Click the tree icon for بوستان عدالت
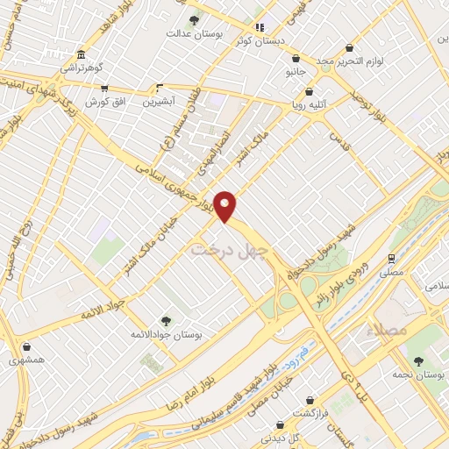pyautogui.click(x=194, y=19)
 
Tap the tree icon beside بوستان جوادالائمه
pyautogui.click(x=167, y=321)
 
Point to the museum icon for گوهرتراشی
pyautogui.click(x=81, y=53)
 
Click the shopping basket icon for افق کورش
pyautogui.click(x=104, y=89)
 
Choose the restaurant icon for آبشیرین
pyautogui.click(x=160, y=87)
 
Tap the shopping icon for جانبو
pyautogui.click(x=293, y=59)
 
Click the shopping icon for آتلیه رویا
pyautogui.click(x=309, y=91)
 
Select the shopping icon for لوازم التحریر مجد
pyautogui.click(x=350, y=47)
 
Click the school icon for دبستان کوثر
pyautogui.click(x=259, y=26)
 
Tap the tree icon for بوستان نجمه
pyautogui.click(x=418, y=360)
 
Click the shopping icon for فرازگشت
pyautogui.click(x=309, y=398)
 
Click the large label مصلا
pyautogui.click(x=391, y=331)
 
